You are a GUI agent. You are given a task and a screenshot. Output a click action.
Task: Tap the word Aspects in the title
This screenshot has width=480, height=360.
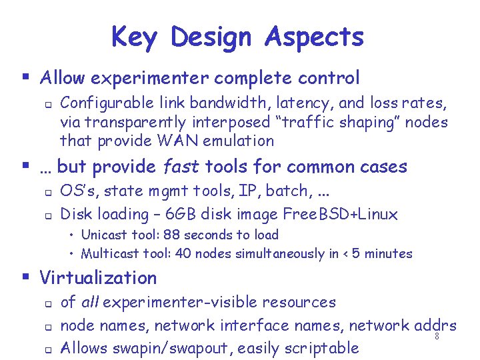pyautogui.click(x=314, y=37)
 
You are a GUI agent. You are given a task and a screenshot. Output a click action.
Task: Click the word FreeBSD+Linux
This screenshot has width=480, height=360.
pyautogui.click(x=339, y=214)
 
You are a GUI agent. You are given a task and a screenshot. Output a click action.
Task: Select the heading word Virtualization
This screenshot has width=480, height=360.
pyautogui.click(x=98, y=277)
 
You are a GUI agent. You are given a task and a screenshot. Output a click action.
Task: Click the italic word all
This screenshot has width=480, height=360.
pyautogui.click(x=90, y=302)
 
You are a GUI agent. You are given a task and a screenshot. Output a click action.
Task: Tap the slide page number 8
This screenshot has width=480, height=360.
pyautogui.click(x=437, y=337)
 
